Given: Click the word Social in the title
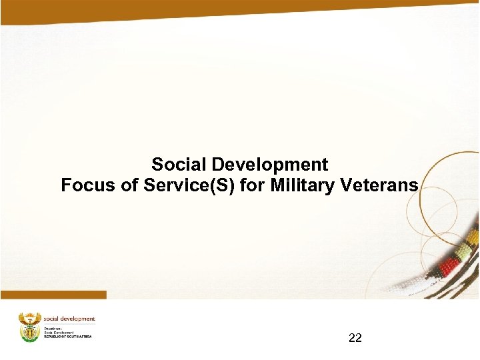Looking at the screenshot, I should pos(175,165).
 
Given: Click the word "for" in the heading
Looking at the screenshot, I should pos(253,185).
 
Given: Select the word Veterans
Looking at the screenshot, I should pos(379,185).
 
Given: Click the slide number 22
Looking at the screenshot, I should pos(355,338).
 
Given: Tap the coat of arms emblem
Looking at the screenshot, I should pos(29,326).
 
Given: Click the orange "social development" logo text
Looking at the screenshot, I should pos(69,319).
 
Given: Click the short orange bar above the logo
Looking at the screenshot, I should pos(53,295).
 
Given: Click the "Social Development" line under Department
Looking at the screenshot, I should pos(59,332).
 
